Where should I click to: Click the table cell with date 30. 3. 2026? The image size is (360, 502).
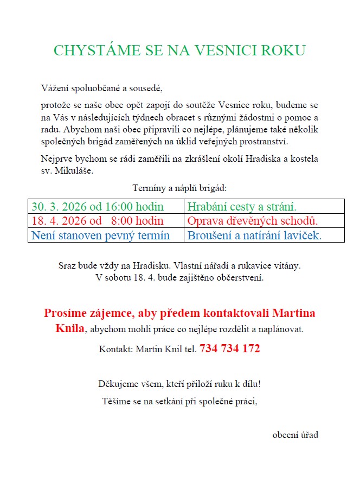coord(98,206)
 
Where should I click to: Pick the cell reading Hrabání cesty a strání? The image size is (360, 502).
coord(242,206)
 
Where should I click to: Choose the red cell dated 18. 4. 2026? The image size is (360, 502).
coord(98,221)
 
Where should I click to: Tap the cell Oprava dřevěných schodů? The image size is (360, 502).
coord(252,221)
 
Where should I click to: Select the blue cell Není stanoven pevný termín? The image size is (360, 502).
coord(101,236)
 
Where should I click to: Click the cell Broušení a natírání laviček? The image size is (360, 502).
coord(255,236)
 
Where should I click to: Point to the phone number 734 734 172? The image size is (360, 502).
coord(230,348)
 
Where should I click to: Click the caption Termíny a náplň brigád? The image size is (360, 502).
coord(179,188)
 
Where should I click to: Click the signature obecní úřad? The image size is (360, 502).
coord(295,435)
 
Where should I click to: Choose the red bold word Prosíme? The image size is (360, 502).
coord(66,313)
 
